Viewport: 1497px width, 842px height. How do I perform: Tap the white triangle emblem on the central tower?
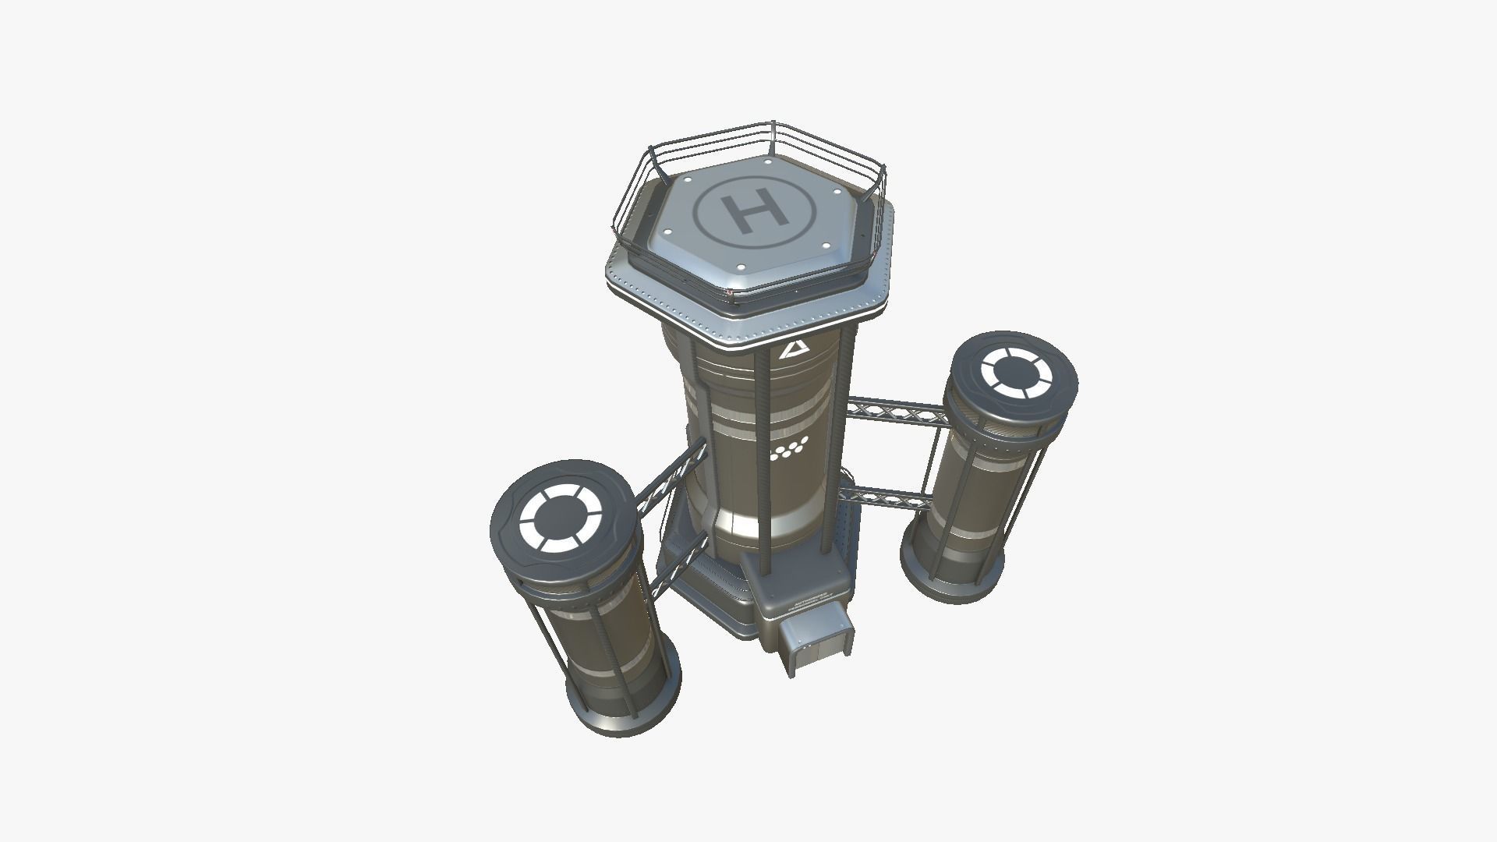[795, 349]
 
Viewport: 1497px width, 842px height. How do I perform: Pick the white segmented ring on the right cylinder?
[1017, 371]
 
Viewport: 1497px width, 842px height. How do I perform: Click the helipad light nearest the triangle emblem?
[827, 246]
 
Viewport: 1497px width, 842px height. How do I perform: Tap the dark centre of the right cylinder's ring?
[1017, 371]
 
